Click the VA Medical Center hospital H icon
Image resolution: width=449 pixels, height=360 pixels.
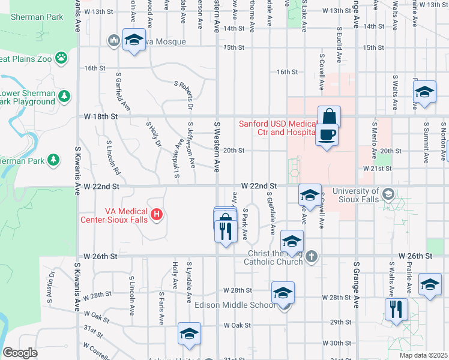157,213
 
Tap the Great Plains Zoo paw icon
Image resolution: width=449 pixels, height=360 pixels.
61,58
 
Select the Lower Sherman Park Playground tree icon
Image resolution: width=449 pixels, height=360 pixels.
64,96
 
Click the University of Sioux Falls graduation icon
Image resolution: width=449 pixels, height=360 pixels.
388,193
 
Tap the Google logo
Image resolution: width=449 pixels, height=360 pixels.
20,353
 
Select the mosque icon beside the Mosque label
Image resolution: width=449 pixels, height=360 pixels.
113,41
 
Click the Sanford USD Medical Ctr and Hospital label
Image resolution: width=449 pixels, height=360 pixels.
278,128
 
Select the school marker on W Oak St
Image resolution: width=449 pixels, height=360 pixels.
189,334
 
